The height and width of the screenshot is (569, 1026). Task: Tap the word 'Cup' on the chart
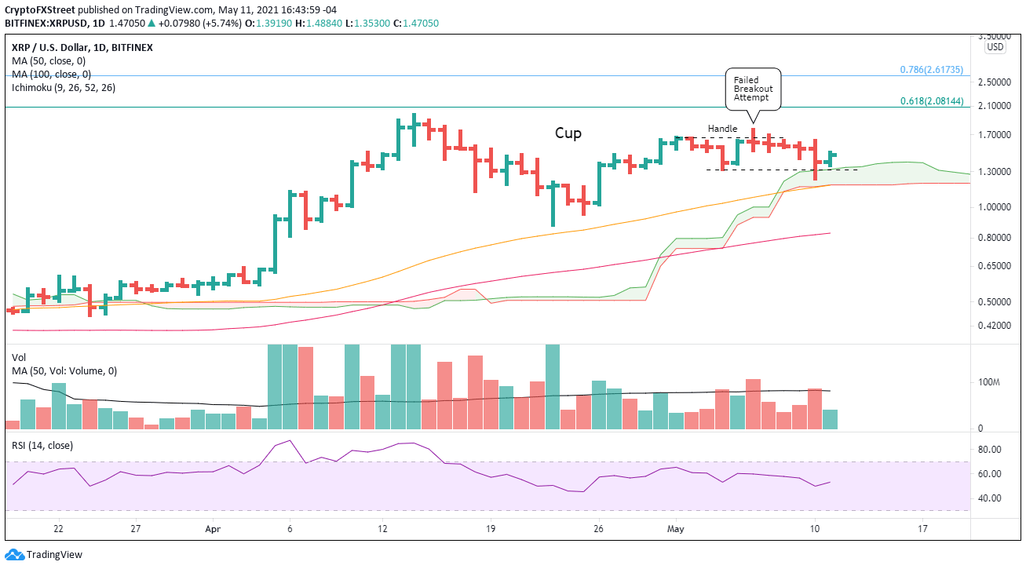[568, 133]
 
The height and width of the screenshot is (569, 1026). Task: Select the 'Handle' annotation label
[722, 128]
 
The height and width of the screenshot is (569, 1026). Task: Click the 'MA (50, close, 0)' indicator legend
[49, 60]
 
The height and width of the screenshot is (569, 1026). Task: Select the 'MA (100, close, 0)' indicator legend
[51, 74]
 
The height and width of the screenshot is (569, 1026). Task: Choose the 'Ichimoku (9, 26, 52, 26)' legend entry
[63, 87]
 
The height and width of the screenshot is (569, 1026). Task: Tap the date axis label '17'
[923, 529]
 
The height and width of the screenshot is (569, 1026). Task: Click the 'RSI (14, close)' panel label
[42, 445]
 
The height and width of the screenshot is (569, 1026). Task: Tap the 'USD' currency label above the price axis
[995, 47]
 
